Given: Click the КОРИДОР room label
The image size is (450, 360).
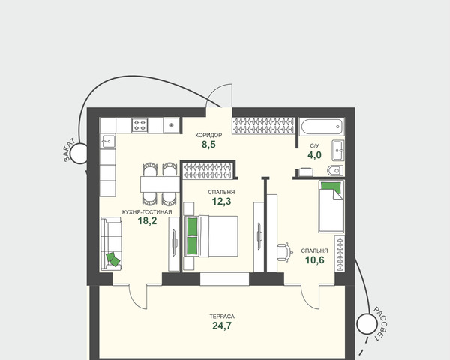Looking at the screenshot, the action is (x=208, y=135).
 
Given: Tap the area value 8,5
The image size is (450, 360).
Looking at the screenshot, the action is (x=208, y=145).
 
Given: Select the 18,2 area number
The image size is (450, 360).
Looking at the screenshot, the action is (x=147, y=220).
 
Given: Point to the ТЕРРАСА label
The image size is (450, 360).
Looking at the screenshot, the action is (x=222, y=316).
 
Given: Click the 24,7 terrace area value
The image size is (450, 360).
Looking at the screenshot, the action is (x=222, y=325).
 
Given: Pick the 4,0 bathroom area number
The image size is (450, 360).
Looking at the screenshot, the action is (x=314, y=155).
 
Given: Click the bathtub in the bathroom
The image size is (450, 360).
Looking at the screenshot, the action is (x=322, y=127).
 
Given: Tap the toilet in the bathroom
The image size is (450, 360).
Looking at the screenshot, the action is (x=335, y=170).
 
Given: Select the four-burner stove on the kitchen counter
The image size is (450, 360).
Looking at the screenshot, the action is (x=139, y=125).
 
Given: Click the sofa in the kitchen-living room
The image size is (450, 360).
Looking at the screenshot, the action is (x=111, y=244).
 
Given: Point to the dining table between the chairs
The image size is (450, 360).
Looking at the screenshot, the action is (x=160, y=184).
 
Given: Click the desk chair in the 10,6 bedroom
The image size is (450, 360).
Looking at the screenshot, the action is (x=285, y=252).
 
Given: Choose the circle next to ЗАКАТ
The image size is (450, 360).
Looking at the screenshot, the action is (x=79, y=154).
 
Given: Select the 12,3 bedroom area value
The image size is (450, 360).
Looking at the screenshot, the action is (x=221, y=202).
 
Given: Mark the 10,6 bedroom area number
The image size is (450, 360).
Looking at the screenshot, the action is (x=314, y=260).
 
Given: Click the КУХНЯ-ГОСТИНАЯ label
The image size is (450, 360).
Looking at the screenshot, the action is (x=147, y=212).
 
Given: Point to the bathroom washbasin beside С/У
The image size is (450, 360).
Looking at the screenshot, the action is (x=337, y=150).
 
